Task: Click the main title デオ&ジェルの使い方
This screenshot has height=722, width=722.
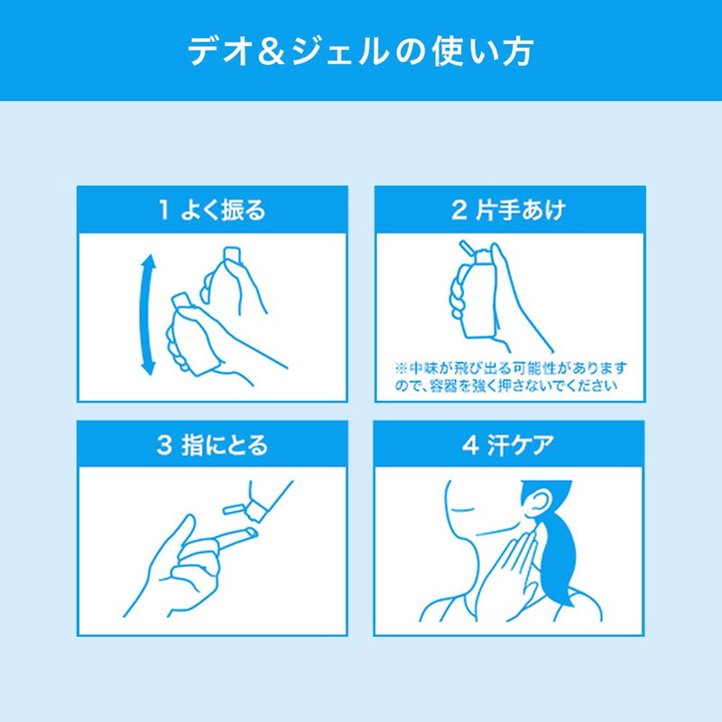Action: (x=360, y=51)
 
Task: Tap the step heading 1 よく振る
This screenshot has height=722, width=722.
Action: (x=212, y=210)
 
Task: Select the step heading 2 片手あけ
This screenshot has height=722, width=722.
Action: (x=508, y=210)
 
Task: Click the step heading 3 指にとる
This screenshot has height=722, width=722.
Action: (x=212, y=445)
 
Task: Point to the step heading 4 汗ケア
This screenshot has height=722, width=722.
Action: (x=508, y=445)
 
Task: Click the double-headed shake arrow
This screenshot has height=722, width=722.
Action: (x=148, y=315)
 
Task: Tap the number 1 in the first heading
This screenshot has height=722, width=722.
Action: (x=163, y=210)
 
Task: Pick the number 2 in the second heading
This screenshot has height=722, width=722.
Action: (x=459, y=210)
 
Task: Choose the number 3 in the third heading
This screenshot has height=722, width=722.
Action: (x=164, y=446)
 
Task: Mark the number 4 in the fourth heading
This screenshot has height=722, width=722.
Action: (x=470, y=446)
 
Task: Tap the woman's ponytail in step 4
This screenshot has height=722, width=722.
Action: (x=559, y=560)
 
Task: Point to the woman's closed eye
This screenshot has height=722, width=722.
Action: (x=463, y=510)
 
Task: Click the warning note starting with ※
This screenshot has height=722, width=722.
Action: (x=510, y=376)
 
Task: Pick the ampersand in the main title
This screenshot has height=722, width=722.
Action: (x=273, y=51)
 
